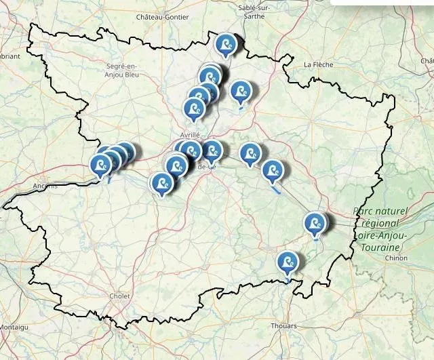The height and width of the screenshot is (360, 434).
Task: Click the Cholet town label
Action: coord(120,296)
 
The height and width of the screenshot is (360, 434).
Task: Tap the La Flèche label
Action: coord(317,65)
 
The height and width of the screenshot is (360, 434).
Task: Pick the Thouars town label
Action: coord(283,326)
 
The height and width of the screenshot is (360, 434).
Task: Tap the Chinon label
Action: coord(396,258)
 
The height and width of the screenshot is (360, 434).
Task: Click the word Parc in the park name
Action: coord(363,212)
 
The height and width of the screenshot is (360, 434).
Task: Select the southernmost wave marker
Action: coord(288,261)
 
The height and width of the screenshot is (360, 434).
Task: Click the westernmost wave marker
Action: coord(101,165)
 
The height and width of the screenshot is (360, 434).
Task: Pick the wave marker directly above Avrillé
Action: coord(195,108)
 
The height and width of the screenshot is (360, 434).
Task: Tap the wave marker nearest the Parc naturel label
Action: coord(314,222)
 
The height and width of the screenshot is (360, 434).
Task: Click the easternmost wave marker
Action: coord(314,222)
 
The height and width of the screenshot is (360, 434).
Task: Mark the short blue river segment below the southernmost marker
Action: coord(288,279)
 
